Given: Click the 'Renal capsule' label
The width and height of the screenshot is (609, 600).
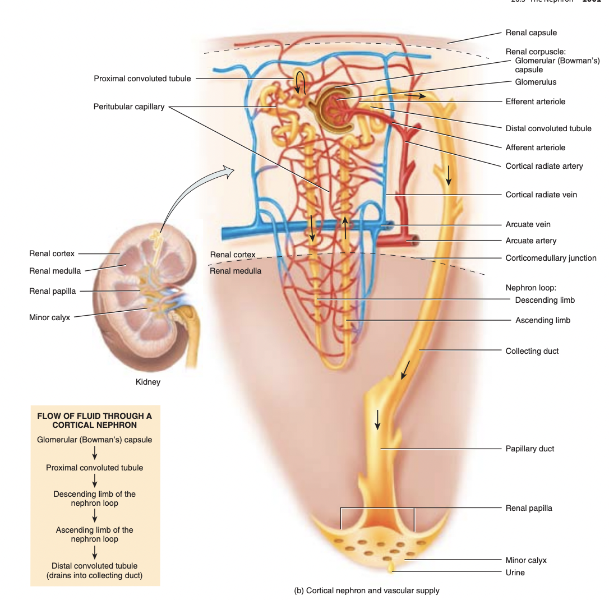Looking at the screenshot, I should tap(531, 33).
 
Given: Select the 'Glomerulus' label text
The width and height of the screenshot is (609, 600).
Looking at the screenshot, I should tap(536, 82).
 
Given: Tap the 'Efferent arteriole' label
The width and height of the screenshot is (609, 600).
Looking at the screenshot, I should tap(535, 101).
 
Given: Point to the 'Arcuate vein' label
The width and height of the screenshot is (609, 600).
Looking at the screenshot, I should tap(528, 224).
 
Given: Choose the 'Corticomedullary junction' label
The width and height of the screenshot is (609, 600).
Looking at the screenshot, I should tap(551, 258).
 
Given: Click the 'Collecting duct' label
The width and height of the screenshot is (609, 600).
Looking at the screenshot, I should tap(532, 351).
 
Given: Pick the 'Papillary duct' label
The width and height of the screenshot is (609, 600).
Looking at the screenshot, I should tap(529, 449).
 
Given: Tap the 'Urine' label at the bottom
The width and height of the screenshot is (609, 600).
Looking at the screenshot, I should tap(515, 573).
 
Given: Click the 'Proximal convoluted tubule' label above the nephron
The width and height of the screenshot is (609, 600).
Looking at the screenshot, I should tap(142, 79).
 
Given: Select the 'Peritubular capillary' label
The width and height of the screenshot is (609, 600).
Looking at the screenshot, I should tap(129, 107).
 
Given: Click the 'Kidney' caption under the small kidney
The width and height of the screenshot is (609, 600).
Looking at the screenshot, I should tap(148, 382).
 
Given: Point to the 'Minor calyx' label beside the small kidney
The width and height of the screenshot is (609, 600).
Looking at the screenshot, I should tap(50, 317).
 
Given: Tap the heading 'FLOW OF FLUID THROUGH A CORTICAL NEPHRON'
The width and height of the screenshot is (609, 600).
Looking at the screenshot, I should tap(94, 421).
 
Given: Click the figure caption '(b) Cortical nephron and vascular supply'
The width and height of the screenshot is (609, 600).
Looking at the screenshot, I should tap(367, 590).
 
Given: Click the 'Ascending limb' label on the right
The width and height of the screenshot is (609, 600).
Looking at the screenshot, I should tap(542, 320).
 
